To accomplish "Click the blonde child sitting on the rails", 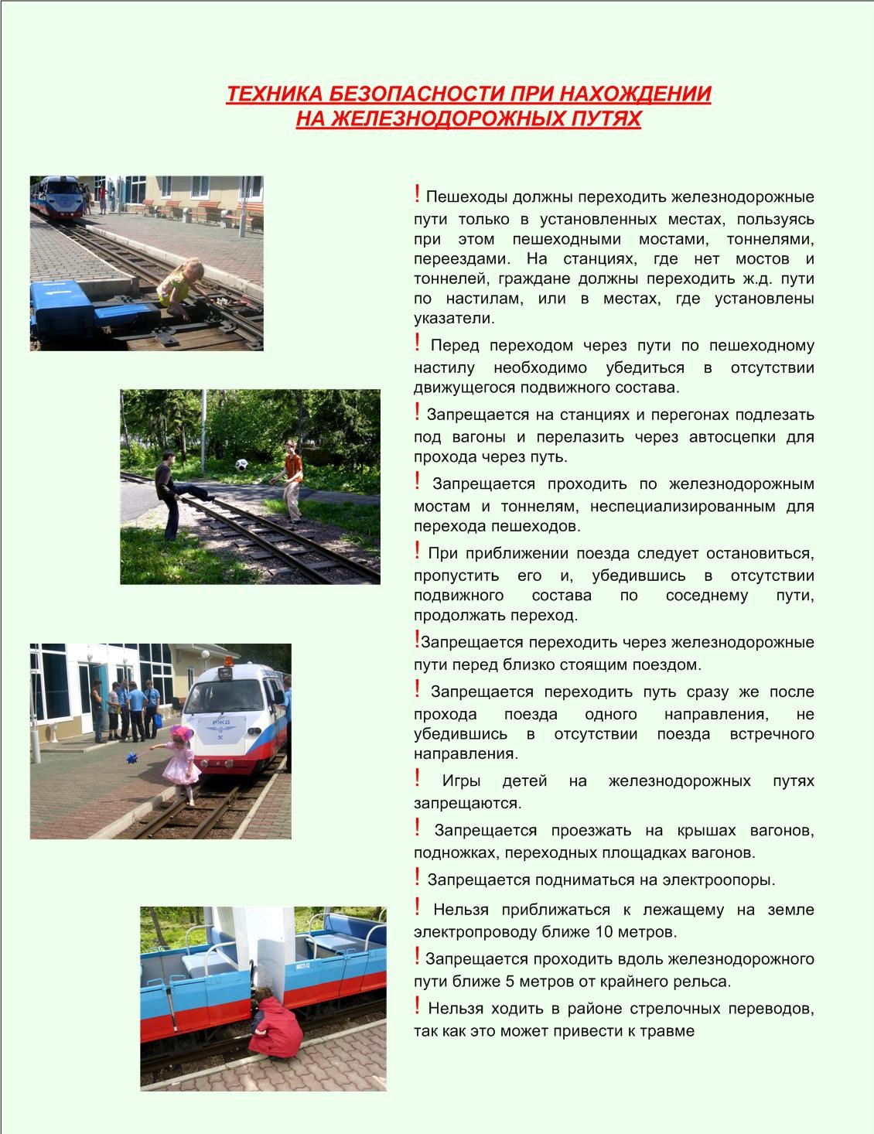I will (179, 289).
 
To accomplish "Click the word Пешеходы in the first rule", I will (462, 197).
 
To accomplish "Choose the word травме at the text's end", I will (669, 1031).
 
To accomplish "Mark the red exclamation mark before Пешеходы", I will (417, 193).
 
